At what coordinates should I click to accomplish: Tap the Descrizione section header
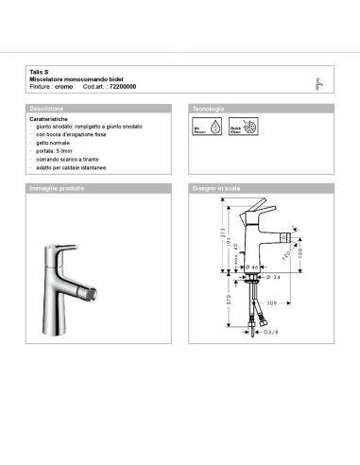47,110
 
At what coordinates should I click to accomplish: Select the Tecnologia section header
208,110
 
